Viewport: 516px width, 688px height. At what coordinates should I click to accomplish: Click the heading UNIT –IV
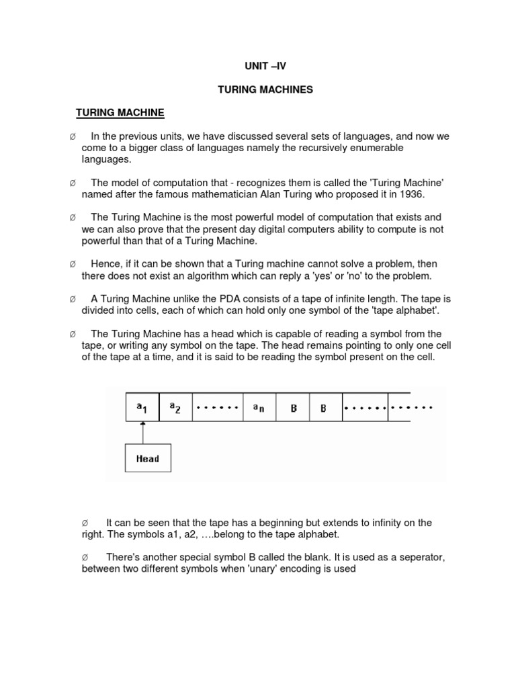pos(265,66)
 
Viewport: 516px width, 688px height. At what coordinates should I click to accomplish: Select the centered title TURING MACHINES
pos(265,89)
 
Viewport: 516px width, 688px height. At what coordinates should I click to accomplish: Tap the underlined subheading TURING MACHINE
pos(120,112)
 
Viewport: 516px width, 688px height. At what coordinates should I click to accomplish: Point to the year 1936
pos(411,194)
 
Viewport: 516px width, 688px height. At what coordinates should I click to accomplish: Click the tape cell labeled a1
pos(142,408)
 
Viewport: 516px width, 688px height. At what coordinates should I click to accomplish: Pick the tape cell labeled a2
pos(175,408)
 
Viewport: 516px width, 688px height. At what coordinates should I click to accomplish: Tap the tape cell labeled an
pos(259,408)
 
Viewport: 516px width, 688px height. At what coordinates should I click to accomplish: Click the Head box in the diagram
pos(147,459)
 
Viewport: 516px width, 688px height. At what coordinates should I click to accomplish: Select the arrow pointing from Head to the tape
pos(142,433)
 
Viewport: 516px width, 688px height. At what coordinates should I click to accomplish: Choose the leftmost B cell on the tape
pos(294,408)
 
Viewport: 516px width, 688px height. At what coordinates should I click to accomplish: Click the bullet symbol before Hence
pos(72,264)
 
